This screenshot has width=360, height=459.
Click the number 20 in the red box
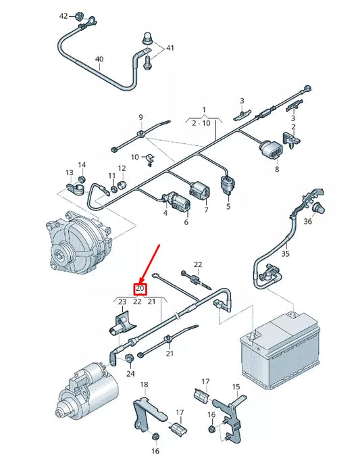tap(140, 289)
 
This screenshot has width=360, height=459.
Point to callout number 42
tap(63, 16)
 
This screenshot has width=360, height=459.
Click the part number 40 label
tap(99, 59)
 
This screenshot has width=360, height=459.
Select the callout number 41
tap(170, 48)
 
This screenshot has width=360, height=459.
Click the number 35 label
tap(285, 253)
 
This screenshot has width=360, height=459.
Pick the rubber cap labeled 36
tap(319, 208)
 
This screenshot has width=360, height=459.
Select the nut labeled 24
tap(129, 358)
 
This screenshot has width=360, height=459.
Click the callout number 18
tap(144, 385)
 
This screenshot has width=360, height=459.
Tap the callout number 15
tap(236, 387)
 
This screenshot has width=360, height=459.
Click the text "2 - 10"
tap(201, 123)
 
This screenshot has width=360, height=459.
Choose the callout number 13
tap(70, 172)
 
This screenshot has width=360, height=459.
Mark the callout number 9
tap(140, 118)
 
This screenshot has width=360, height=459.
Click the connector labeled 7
tap(200, 189)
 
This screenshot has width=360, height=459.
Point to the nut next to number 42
tap(78, 16)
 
